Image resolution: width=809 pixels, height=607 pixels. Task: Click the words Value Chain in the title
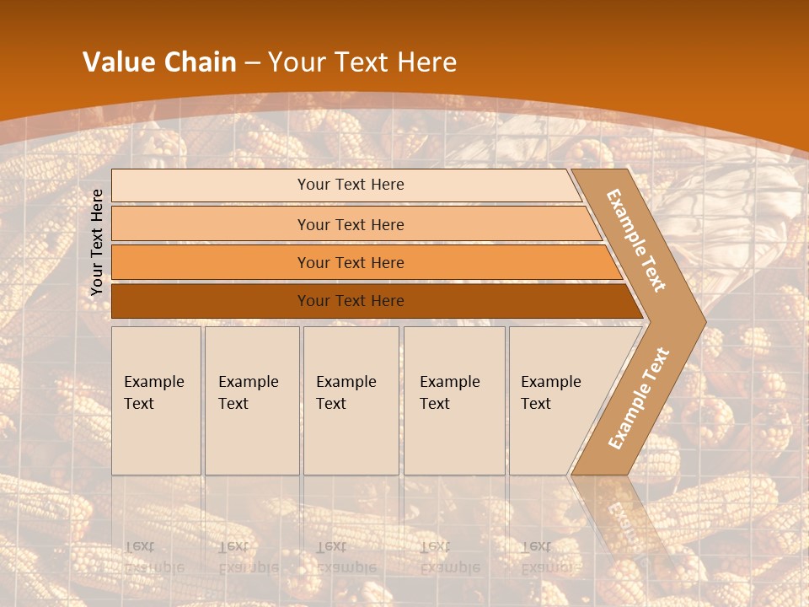(159, 62)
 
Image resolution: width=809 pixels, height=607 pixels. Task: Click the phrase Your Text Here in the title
(362, 62)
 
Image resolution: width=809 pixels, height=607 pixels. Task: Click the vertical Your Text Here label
(97, 242)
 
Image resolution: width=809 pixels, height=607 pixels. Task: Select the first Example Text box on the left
(156, 400)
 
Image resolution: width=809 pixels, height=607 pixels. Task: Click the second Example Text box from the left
(251, 400)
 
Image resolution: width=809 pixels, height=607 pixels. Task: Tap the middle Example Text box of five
(351, 400)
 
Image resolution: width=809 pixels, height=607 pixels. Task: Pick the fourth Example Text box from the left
(454, 400)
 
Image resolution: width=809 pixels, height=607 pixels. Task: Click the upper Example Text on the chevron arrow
(637, 239)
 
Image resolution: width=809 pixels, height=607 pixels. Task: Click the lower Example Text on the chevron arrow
(639, 398)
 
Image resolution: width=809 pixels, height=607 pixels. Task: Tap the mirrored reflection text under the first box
(153, 557)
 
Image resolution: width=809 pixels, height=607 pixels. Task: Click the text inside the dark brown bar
(351, 301)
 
